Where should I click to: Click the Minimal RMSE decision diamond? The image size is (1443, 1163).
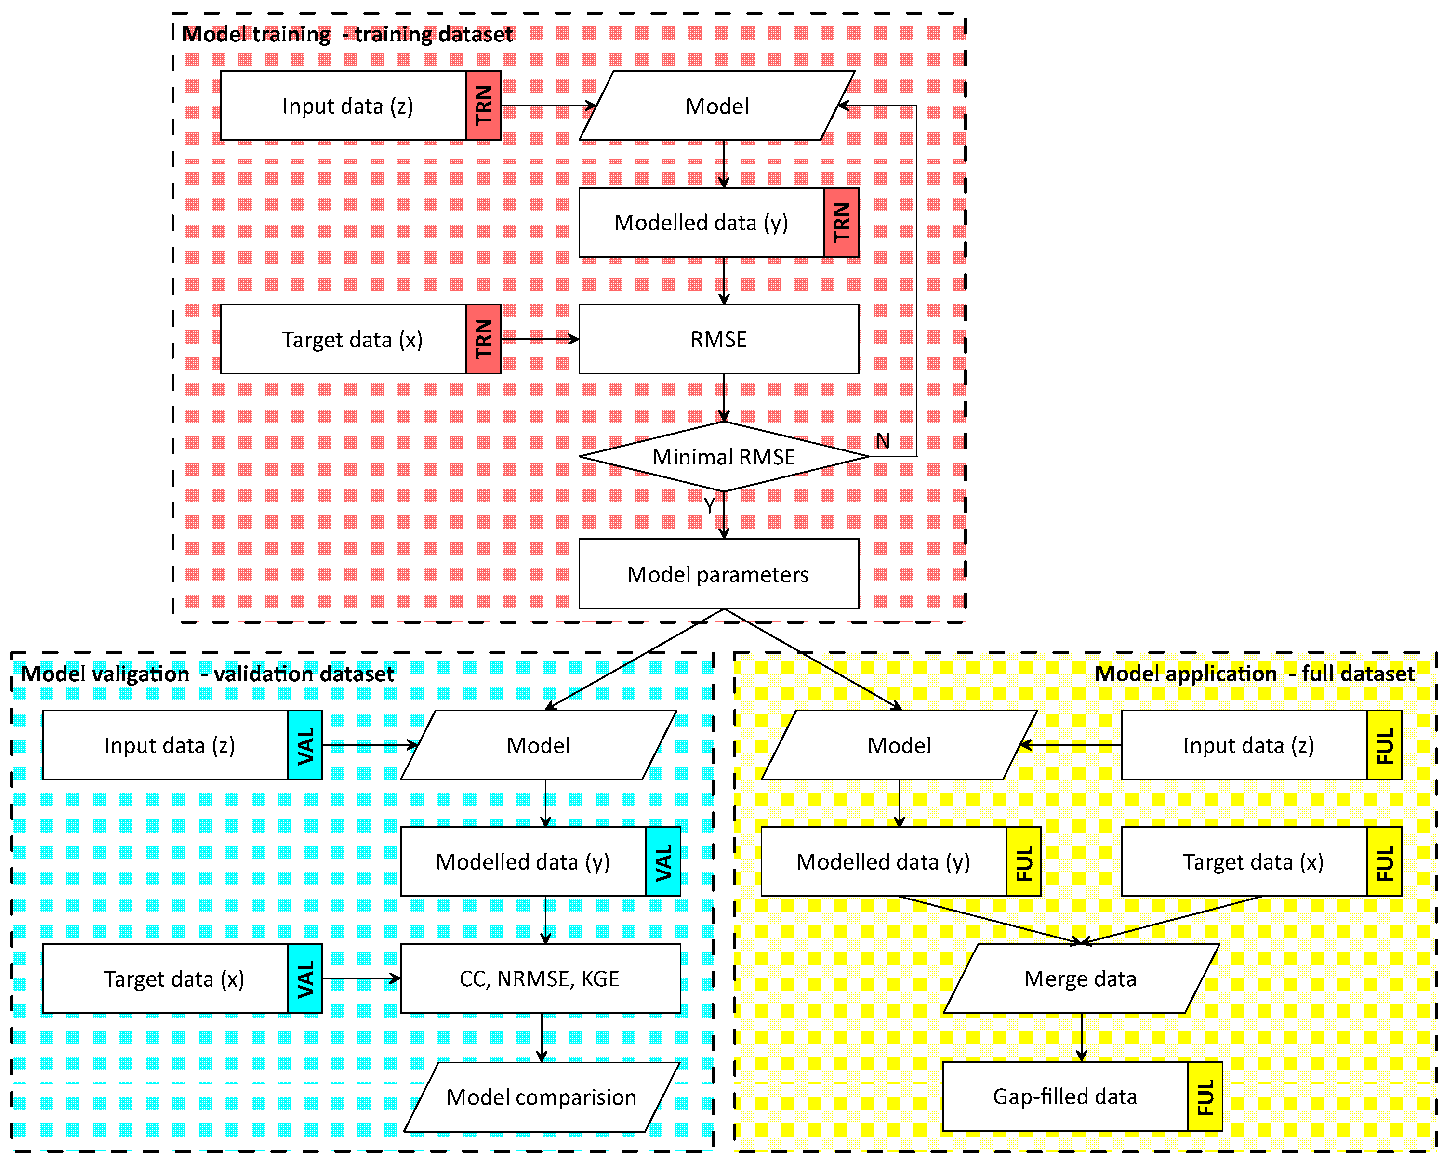[x=724, y=456]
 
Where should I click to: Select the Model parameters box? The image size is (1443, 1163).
[x=718, y=574]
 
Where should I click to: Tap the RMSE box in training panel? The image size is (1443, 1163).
[x=718, y=339]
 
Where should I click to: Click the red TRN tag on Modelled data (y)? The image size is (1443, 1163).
[x=841, y=223]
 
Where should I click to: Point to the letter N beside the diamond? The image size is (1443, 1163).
[x=883, y=441]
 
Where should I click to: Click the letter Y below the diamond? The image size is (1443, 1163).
[x=709, y=506]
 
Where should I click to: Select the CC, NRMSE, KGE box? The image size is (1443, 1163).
[x=540, y=979]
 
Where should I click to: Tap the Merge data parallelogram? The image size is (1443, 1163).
[x=1081, y=979]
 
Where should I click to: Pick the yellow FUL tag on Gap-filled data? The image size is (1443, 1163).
[x=1205, y=1097]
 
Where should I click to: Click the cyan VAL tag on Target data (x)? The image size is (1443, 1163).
[x=305, y=979]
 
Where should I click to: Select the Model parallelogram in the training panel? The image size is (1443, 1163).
[x=717, y=106]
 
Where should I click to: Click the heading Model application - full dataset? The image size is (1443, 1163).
[x=1254, y=674]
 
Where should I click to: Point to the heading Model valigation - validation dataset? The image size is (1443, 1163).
[x=207, y=674]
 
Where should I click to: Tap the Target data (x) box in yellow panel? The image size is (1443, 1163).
[x=1244, y=861]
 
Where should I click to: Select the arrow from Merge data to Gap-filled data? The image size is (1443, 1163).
[x=1081, y=1037]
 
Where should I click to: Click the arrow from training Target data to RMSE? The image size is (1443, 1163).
[x=539, y=339]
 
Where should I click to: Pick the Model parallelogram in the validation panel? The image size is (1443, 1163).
[x=539, y=745]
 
